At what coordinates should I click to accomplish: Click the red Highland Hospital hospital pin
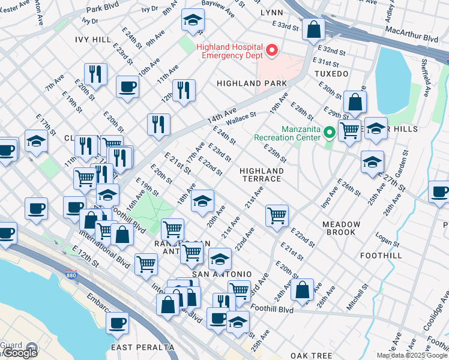click(x=271, y=50)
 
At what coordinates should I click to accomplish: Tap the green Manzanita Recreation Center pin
click(x=329, y=132)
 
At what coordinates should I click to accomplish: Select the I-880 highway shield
click(x=71, y=275)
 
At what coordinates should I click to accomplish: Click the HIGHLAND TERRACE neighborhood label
click(x=261, y=175)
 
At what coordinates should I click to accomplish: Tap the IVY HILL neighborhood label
click(x=93, y=39)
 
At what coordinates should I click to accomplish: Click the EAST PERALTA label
click(x=142, y=347)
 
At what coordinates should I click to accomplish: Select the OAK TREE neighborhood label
click(x=312, y=356)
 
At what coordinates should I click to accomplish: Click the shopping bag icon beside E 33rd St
click(x=313, y=29)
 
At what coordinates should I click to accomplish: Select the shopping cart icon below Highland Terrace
click(x=277, y=215)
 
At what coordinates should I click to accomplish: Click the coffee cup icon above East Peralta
click(x=117, y=323)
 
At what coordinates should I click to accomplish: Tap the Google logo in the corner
click(x=20, y=353)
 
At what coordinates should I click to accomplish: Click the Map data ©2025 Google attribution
click(x=411, y=355)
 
